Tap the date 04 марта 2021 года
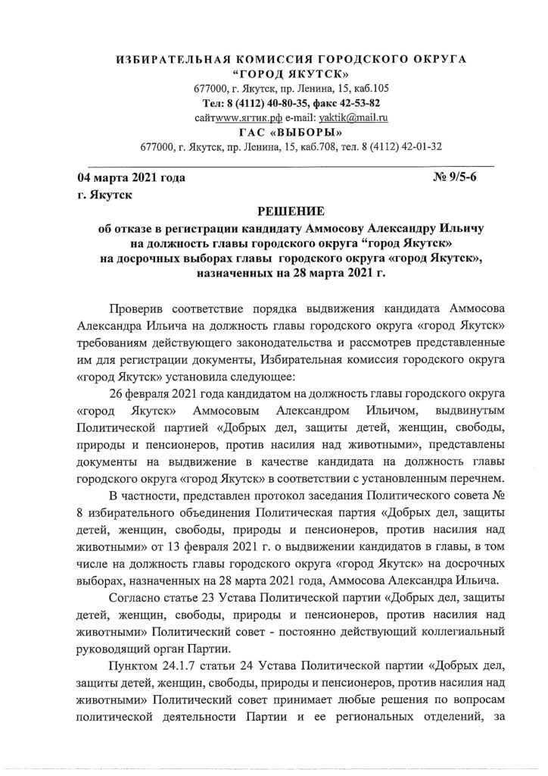pos(131,179)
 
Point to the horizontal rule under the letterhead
pos(291,164)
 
